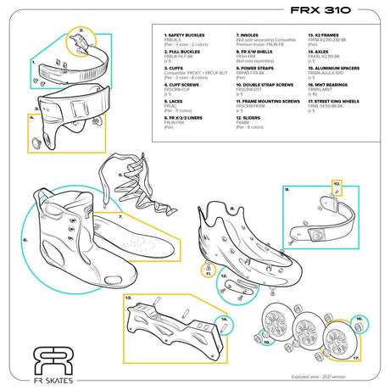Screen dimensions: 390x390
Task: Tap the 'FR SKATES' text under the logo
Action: tap(49, 378)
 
